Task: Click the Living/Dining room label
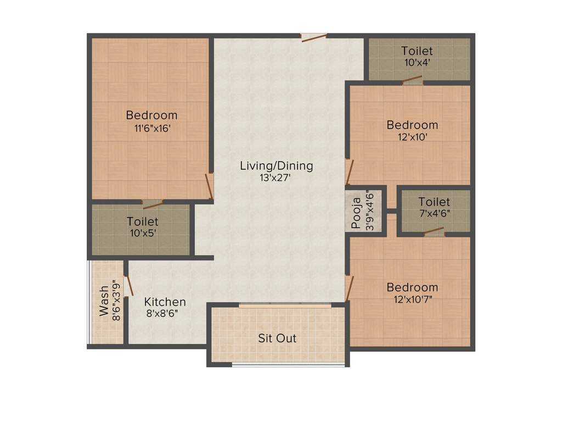[x=276, y=165]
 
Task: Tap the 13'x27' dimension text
[x=276, y=177]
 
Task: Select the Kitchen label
[x=165, y=302]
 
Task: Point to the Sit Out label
[x=277, y=338]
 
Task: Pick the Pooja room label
[x=356, y=213]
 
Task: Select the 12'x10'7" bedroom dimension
[x=412, y=299]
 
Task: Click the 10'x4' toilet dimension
[x=417, y=63]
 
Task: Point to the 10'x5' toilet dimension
[x=142, y=234]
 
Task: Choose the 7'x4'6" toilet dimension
[x=434, y=214]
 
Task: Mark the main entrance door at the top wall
[x=314, y=37]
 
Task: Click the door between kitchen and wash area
[x=129, y=286]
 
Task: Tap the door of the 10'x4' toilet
[x=412, y=81]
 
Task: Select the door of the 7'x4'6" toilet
[x=434, y=232]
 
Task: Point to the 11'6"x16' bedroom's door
[x=209, y=186]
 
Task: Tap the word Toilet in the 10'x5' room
[x=142, y=222]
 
